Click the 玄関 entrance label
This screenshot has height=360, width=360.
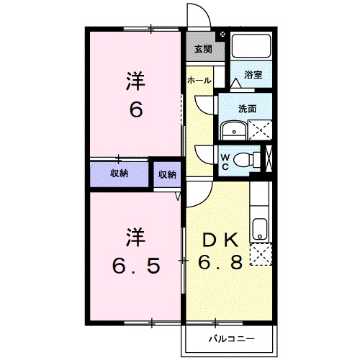point(203,50)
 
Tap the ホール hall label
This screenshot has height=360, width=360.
point(199,81)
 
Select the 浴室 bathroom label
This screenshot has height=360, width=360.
point(252,73)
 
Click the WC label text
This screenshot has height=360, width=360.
point(225,161)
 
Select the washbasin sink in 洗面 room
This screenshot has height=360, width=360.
point(232,130)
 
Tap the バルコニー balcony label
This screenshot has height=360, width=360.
point(228,337)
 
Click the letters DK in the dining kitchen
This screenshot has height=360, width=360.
point(218,240)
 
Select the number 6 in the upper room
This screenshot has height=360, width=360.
point(134,109)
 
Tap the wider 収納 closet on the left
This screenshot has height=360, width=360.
point(119,174)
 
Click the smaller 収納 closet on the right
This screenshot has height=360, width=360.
point(166,174)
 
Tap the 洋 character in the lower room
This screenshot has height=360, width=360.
point(134,237)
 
